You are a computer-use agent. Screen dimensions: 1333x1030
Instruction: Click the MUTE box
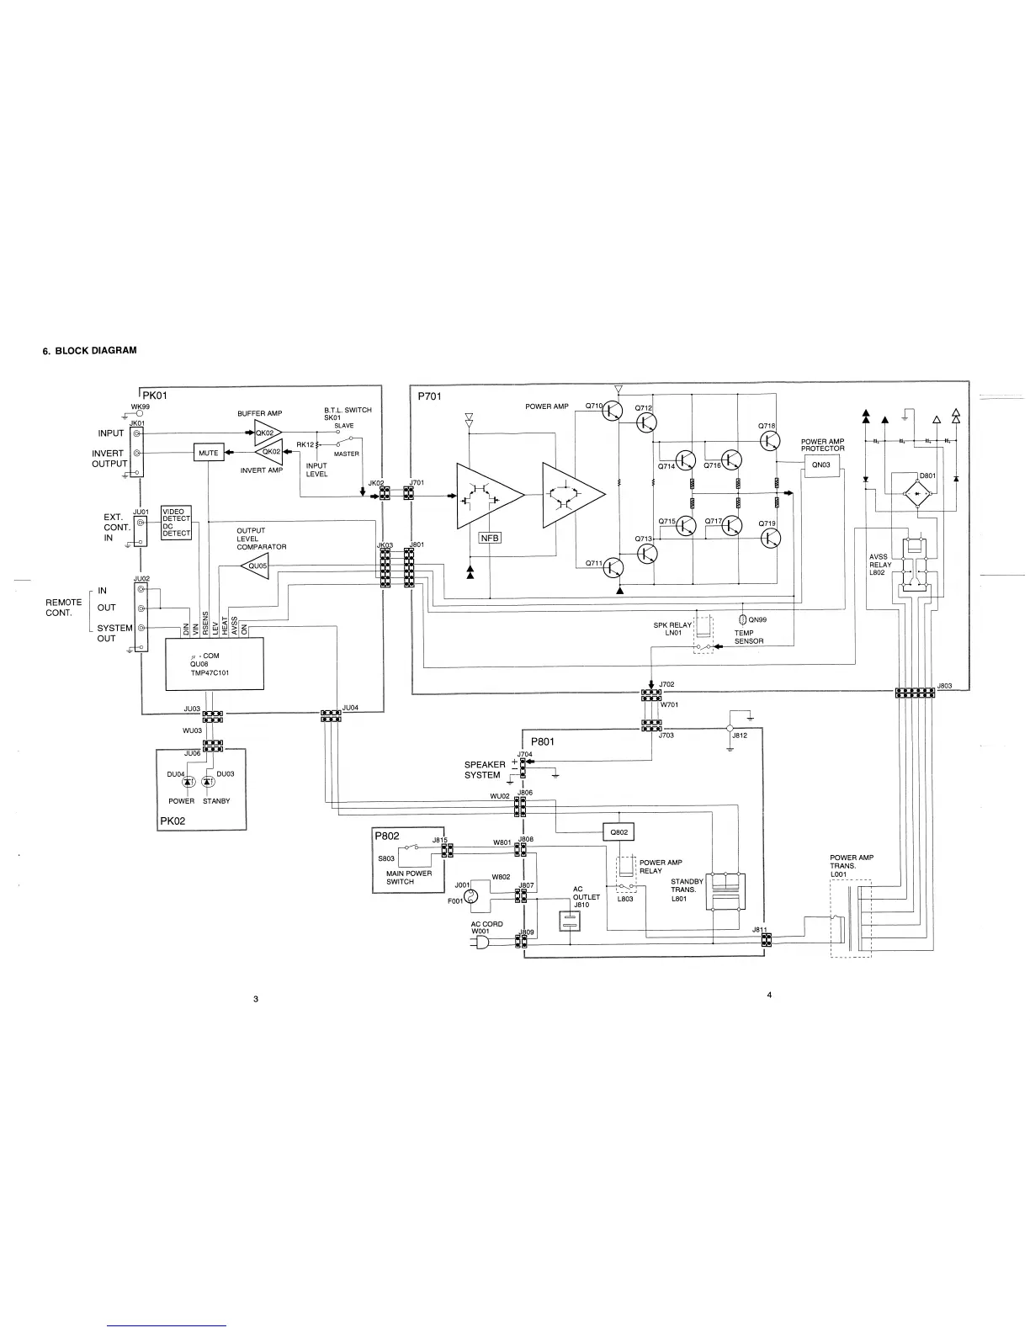[x=208, y=453]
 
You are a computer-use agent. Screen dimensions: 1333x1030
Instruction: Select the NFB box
[x=490, y=538]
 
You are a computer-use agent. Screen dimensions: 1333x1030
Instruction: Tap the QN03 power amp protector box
[x=820, y=465]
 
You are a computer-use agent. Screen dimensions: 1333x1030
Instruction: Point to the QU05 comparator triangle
[x=257, y=566]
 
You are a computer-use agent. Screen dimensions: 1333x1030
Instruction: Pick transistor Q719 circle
[x=770, y=538]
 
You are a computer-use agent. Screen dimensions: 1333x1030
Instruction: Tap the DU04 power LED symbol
[x=188, y=783]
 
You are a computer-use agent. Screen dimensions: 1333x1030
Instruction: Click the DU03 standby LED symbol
[x=207, y=783]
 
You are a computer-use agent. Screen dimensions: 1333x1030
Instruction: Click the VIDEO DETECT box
[x=176, y=515]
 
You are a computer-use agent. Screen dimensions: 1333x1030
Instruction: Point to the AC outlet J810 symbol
[x=570, y=922]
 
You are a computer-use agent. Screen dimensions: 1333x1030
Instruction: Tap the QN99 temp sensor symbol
[x=742, y=619]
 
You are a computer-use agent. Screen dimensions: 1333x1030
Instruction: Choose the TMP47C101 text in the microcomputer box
[x=210, y=673]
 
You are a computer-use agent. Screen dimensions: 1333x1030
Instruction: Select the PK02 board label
[x=172, y=821]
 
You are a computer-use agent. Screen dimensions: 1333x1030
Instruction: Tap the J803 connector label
[x=945, y=686]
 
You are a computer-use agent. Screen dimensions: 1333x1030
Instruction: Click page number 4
[x=769, y=996]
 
